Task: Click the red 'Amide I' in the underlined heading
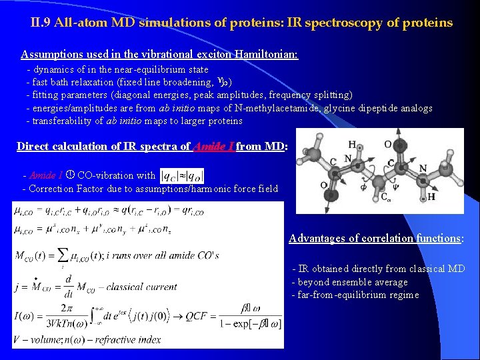pos(213,146)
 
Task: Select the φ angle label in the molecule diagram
pos(345,187)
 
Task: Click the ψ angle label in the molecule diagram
pos(395,187)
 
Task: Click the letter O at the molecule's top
pos(387,144)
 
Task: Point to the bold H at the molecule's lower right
pos(432,197)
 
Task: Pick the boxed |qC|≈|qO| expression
pos(181,176)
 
